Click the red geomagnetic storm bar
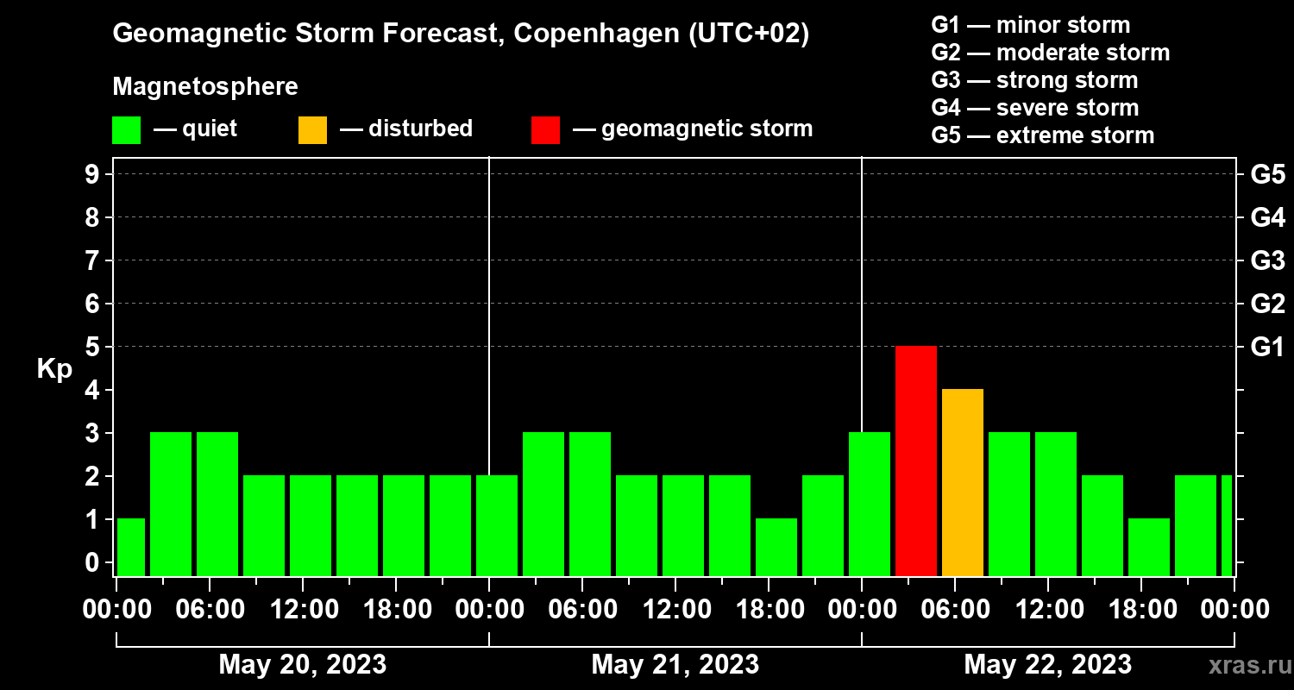pyautogui.click(x=916, y=461)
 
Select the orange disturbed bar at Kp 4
pyautogui.click(x=963, y=482)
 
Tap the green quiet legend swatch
pyautogui.click(x=126, y=129)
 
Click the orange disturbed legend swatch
pyautogui.click(x=312, y=129)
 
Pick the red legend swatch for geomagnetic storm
pyautogui.click(x=545, y=129)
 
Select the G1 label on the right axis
pyautogui.click(x=1267, y=347)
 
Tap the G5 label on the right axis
pyautogui.click(x=1267, y=174)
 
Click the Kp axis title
pyautogui.click(x=54, y=369)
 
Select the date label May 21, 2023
pyautogui.click(x=675, y=664)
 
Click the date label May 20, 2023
pyautogui.click(x=302, y=664)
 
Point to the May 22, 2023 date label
pyautogui.click(x=1047, y=664)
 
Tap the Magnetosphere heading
pyautogui.click(x=205, y=87)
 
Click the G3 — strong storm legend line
pyautogui.click(x=1034, y=80)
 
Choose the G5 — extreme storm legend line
pyautogui.click(x=1042, y=135)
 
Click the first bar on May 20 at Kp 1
pyautogui.click(x=131, y=547)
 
